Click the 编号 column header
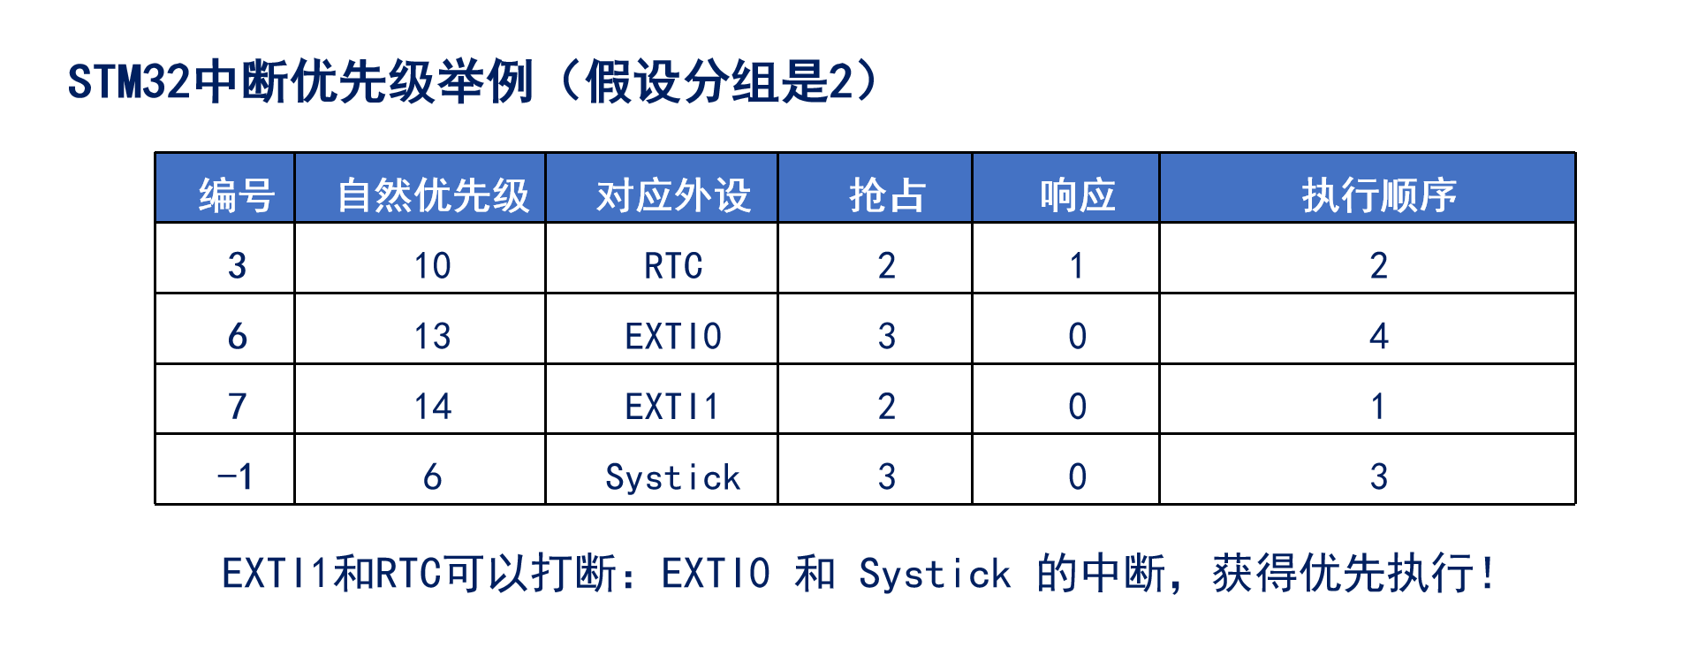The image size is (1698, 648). coord(237,194)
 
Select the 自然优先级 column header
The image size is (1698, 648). coord(433,194)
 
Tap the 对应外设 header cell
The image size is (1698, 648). coord(673,194)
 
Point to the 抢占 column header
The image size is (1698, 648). coord(887,194)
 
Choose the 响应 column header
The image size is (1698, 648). coord(1077,194)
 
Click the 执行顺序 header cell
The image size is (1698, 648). coord(1378,194)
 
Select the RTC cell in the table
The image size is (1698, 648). coord(673,265)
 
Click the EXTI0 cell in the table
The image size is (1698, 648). coord(673,336)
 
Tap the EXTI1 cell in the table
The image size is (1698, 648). coord(673,407)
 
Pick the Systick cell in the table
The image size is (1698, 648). coord(673,477)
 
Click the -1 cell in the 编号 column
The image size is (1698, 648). coord(236,477)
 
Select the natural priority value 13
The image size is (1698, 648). coord(433,336)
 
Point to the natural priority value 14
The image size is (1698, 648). coord(433,407)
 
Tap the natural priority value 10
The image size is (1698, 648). coord(433,265)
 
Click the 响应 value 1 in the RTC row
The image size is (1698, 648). coord(1077,265)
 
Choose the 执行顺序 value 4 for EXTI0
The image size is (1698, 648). coord(1379,336)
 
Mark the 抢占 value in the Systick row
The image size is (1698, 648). coord(887,477)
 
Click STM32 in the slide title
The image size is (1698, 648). coord(129,82)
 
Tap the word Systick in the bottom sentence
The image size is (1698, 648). coord(935,574)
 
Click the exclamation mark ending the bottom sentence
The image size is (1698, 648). coord(1489,573)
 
